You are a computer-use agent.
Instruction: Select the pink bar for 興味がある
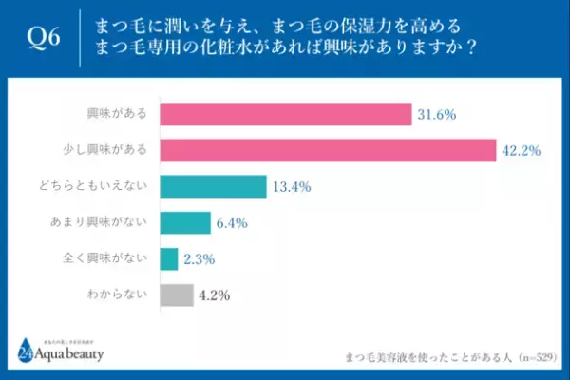pos(285,114)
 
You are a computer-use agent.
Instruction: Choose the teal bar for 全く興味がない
pos(168,258)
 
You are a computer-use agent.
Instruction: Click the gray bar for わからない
pos(176,294)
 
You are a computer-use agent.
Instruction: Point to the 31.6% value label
pos(437,114)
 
